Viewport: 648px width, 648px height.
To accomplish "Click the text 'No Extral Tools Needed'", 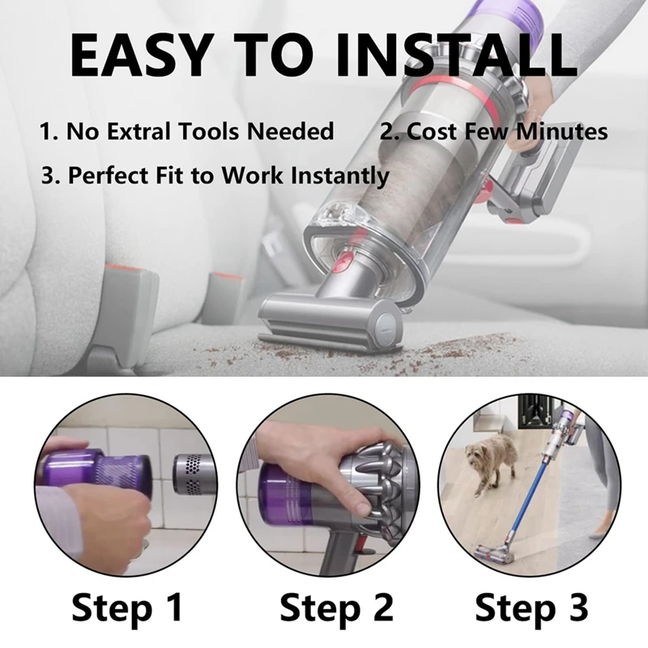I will (x=186, y=131).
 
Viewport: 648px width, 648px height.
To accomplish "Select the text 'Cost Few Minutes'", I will (x=494, y=131).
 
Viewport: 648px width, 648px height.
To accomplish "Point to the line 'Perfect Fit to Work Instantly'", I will (x=215, y=175).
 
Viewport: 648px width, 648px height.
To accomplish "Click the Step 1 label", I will (x=128, y=607).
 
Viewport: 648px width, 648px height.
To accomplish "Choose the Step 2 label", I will (x=336, y=607).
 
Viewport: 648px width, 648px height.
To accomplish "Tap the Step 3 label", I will (x=531, y=607).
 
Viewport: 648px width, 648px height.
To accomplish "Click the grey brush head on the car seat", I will (x=316, y=325).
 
